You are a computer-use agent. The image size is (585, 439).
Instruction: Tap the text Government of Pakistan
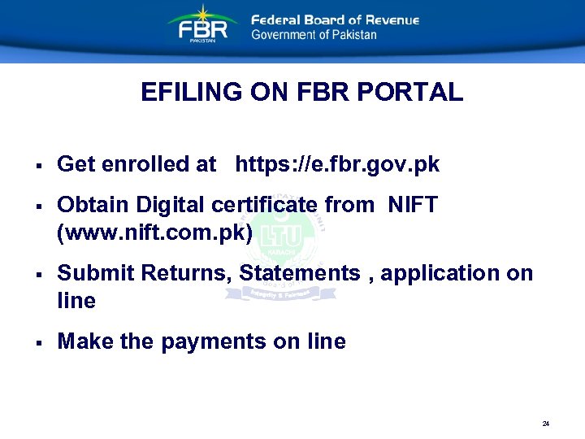pyautogui.click(x=314, y=35)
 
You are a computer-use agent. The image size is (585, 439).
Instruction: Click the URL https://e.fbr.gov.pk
pyautogui.click(x=337, y=164)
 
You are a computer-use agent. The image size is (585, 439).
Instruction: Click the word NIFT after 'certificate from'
pyautogui.click(x=413, y=205)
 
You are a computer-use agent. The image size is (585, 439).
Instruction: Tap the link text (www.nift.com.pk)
pyautogui.click(x=155, y=233)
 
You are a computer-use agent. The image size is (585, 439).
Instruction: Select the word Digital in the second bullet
pyautogui.click(x=170, y=205)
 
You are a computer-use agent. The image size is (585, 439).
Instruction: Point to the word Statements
pyautogui.click(x=300, y=273)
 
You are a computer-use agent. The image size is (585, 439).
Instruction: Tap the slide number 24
pyautogui.click(x=546, y=424)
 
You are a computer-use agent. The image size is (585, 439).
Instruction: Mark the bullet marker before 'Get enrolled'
pyautogui.click(x=39, y=166)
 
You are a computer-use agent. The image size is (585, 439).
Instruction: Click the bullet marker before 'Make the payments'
pyautogui.click(x=39, y=343)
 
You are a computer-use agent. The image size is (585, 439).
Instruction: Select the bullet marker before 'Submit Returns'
pyautogui.click(x=39, y=275)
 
